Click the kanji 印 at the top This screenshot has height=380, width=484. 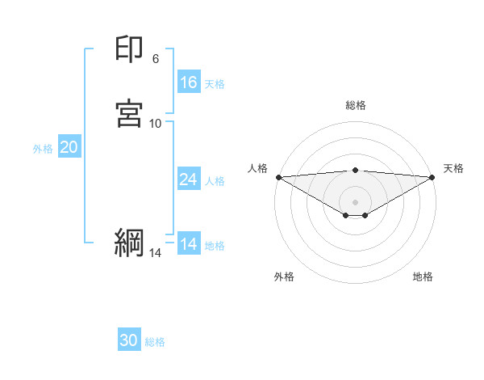tap(130, 50)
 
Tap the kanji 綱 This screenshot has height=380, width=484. tap(130, 243)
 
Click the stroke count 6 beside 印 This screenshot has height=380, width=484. tap(156, 58)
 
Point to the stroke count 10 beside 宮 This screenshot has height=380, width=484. tap(156, 123)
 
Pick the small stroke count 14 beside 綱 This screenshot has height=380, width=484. tap(156, 253)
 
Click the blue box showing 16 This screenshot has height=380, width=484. tap(189, 82)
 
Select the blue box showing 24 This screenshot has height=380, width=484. tap(189, 179)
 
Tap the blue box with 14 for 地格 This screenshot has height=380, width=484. tap(189, 244)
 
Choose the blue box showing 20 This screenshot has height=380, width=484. tap(69, 147)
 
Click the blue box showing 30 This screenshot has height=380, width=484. tap(129, 341)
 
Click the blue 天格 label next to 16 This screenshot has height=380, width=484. tap(215, 83)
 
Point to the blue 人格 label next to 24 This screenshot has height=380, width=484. tap(215, 180)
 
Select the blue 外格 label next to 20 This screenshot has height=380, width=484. tap(43, 148)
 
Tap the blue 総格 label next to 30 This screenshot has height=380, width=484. tap(155, 342)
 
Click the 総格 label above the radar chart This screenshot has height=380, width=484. tap(356, 105)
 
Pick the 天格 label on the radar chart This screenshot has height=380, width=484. tap(453, 168)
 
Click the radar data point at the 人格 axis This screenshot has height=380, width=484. tap(278, 177)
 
